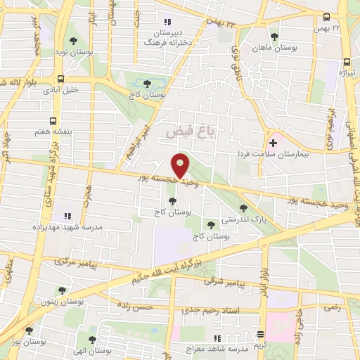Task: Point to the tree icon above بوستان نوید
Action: click(x=75, y=41)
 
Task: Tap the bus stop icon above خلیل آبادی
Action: click(x=61, y=79)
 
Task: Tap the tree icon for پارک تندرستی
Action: click(x=243, y=207)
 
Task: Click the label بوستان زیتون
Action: click(x=62, y=300)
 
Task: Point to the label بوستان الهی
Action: click(x=91, y=350)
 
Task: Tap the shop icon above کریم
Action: click(x=261, y=334)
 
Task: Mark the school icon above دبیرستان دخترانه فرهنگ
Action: click(x=167, y=22)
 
